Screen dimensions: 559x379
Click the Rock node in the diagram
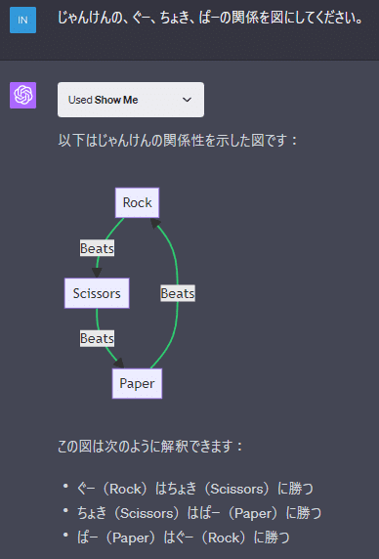[x=137, y=202]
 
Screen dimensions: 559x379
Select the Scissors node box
[x=97, y=292]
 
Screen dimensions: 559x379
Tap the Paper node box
[x=137, y=383]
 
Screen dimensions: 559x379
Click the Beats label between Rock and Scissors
[x=97, y=248]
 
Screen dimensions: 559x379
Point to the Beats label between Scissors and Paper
[x=97, y=338]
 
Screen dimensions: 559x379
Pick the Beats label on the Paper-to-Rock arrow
[x=178, y=293]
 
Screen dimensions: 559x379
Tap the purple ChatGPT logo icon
[x=22, y=96]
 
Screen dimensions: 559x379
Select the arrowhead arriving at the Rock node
[x=154, y=222]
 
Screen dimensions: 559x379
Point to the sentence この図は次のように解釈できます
[x=150, y=447]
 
